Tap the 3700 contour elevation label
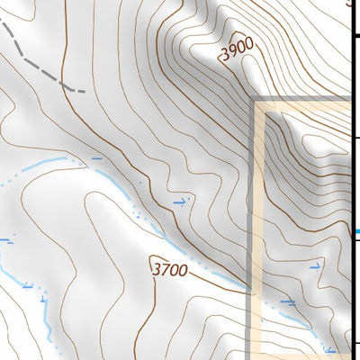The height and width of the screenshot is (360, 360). coord(170,268)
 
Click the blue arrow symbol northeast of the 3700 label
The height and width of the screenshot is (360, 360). coord(183,202)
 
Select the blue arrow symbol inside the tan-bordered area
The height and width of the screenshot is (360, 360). coord(315,266)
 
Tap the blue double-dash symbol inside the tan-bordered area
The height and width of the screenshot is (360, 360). coord(288,301)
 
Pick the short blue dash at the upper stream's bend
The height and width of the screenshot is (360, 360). coord(97,158)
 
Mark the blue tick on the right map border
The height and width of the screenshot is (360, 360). coord(357,231)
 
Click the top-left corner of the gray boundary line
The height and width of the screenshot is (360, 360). coord(251,100)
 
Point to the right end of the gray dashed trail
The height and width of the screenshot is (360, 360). coord(82,91)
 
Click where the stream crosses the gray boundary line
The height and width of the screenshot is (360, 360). coord(250,291)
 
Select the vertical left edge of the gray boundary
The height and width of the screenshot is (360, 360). coord(250,225)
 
